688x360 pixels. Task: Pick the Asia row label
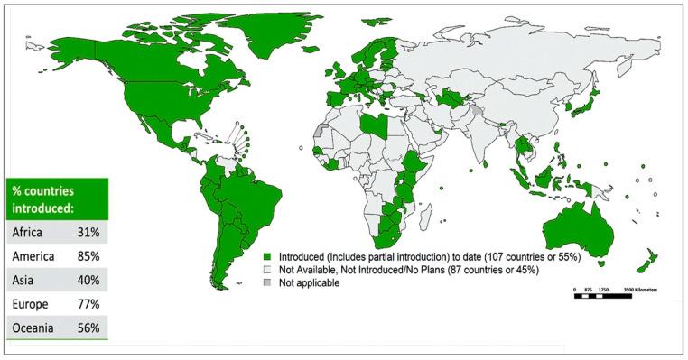24,281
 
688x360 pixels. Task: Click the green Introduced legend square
268,256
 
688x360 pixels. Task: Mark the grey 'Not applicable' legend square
268,282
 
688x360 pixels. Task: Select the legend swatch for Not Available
268,269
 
